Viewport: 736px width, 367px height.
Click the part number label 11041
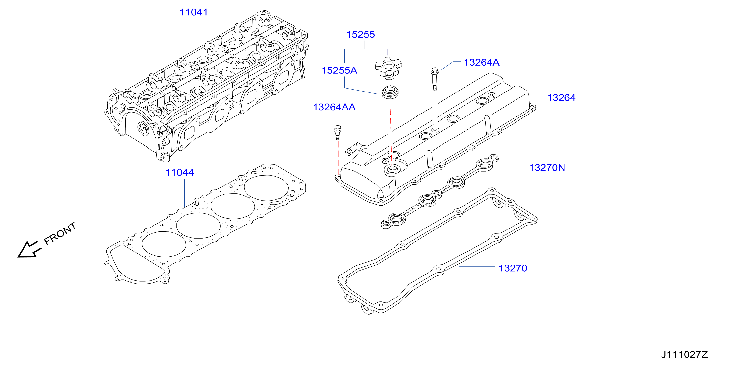click(x=194, y=12)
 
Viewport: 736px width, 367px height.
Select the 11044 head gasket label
click(x=179, y=173)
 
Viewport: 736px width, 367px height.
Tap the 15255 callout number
click(x=361, y=35)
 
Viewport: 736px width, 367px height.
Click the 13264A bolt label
click(x=481, y=62)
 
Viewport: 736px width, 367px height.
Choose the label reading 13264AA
click(x=334, y=107)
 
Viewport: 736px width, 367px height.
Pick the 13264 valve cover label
click(x=561, y=98)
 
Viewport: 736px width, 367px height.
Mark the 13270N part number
click(x=547, y=168)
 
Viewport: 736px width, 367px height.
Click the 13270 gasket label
click(x=513, y=268)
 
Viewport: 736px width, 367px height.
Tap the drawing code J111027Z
click(x=684, y=354)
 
